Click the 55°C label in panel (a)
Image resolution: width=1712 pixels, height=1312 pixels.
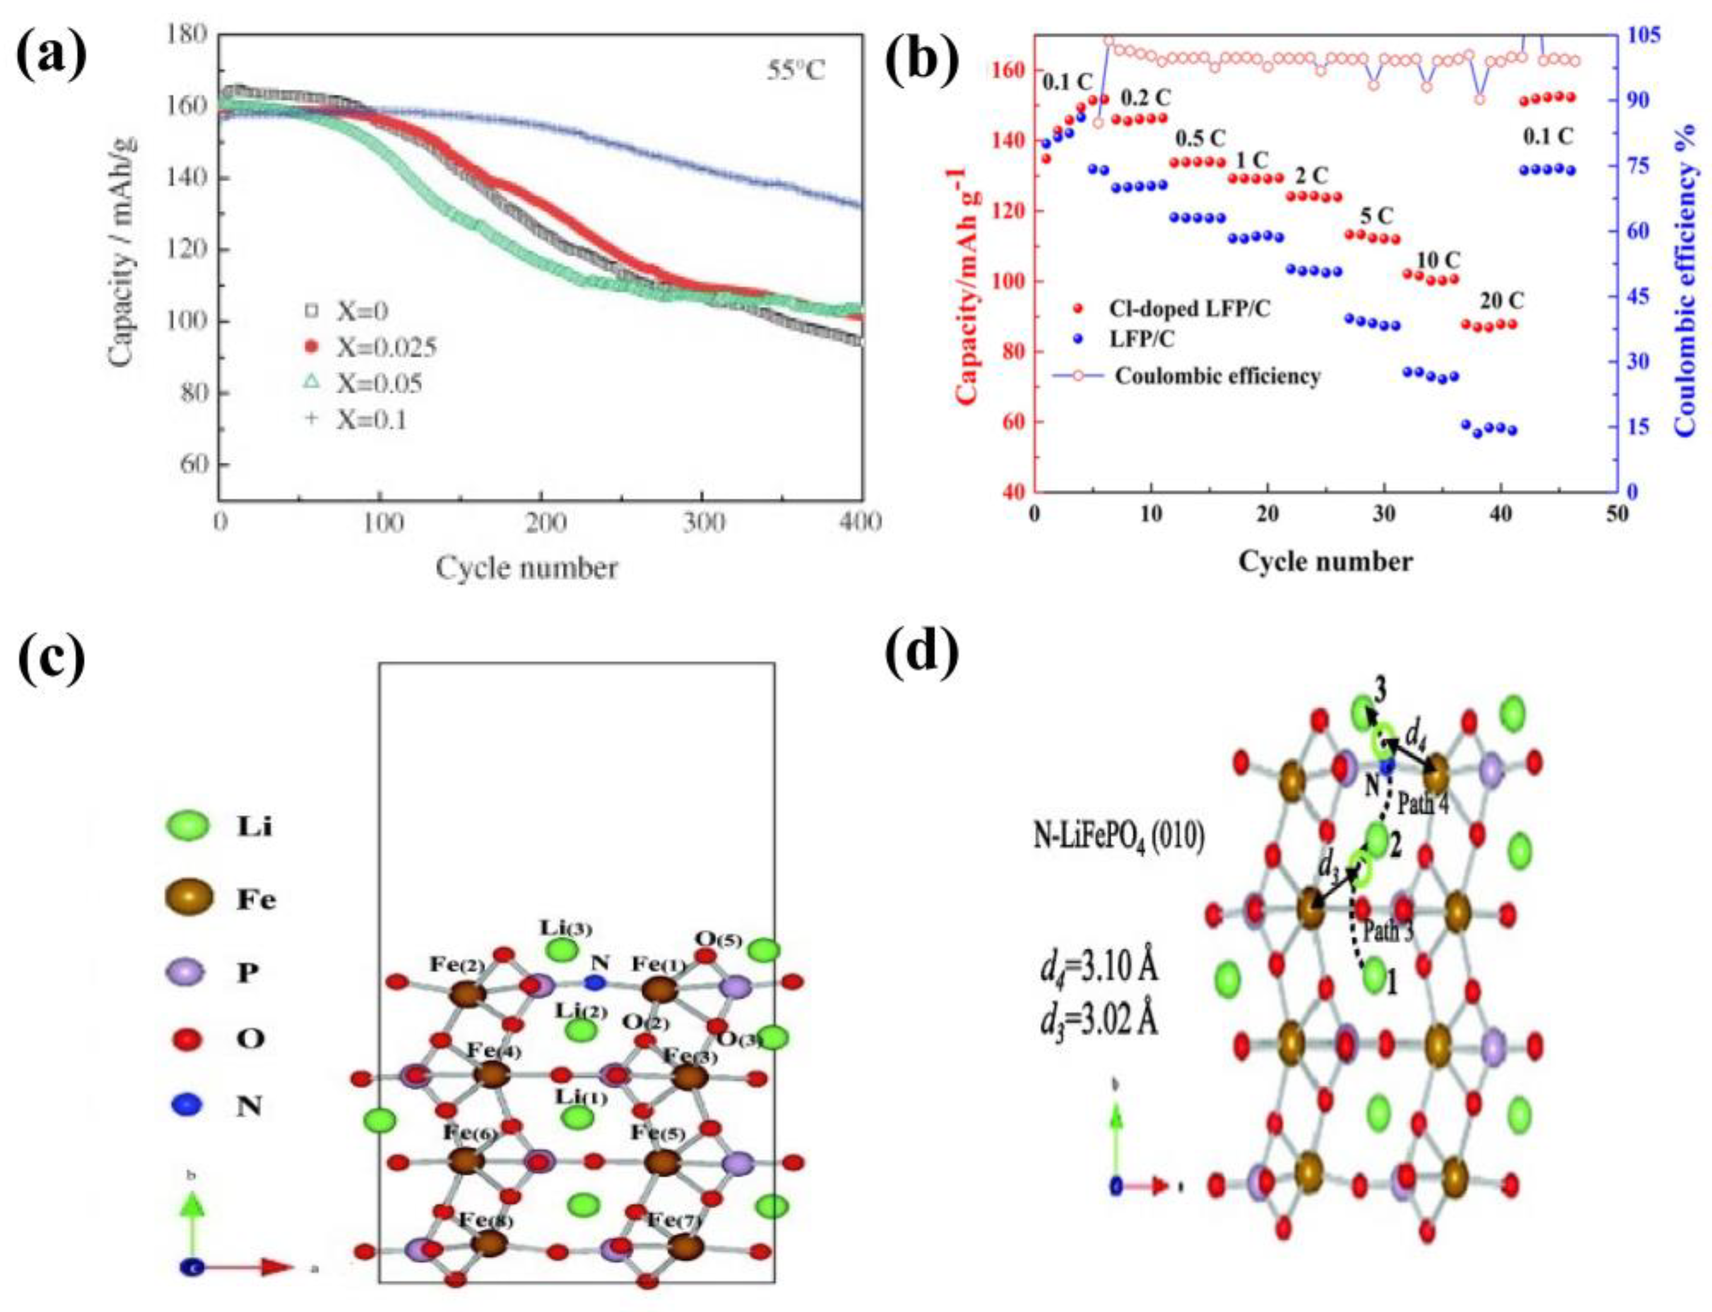tap(794, 72)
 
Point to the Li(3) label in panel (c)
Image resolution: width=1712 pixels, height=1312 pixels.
tap(566, 929)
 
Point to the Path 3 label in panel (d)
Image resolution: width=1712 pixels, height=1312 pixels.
tap(1388, 931)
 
